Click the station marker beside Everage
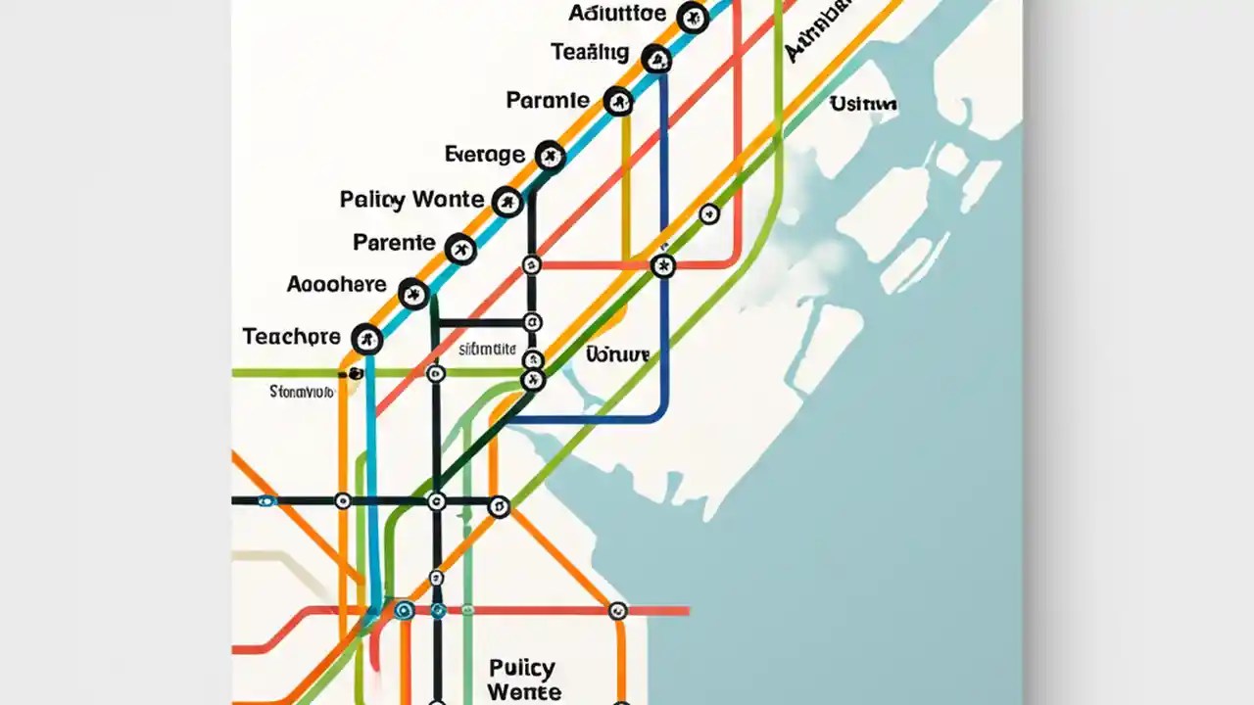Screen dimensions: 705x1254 (550, 154)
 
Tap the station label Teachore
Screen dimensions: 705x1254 (291, 337)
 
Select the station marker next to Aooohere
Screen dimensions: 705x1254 (413, 292)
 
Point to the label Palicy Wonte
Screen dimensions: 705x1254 (411, 200)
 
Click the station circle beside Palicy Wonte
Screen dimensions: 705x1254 (506, 203)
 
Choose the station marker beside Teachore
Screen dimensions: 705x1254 (366, 339)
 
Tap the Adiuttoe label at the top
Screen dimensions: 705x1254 (617, 14)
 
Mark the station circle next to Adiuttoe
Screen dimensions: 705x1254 (693, 17)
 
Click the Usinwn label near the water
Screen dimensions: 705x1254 (863, 104)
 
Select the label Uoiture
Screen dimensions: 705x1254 (617, 354)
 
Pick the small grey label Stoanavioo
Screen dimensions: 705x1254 (302, 392)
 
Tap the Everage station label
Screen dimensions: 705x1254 (484, 154)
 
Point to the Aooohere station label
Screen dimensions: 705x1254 (336, 285)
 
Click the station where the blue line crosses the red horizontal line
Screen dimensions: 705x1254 (663, 265)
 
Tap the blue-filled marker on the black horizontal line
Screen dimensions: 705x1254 (265, 501)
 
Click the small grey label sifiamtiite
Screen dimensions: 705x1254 (487, 349)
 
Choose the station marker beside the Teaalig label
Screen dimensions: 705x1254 (656, 60)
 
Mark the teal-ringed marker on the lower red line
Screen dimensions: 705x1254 (404, 610)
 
